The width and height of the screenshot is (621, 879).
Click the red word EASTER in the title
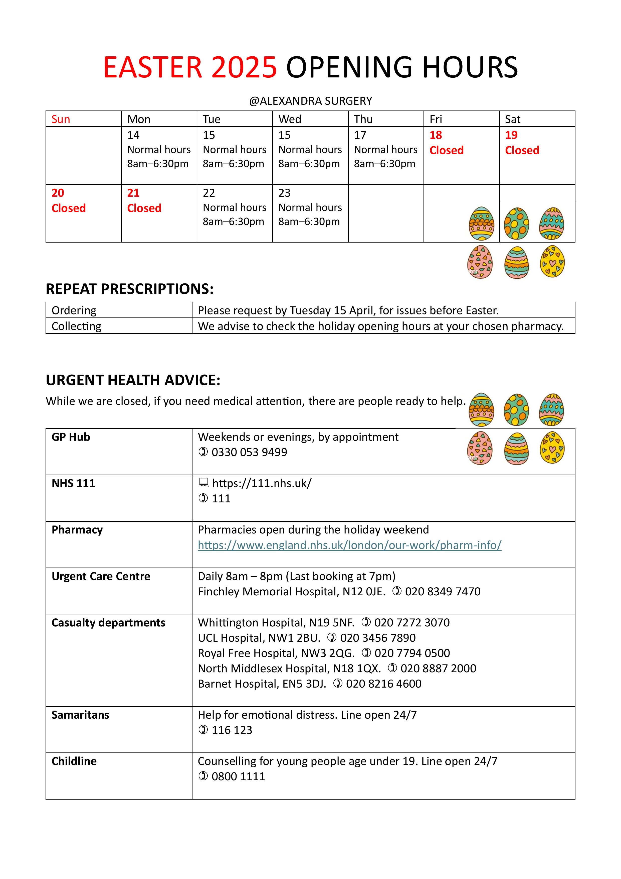(x=152, y=67)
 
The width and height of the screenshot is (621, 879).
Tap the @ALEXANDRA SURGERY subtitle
(x=310, y=101)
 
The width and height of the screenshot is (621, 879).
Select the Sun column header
(x=61, y=120)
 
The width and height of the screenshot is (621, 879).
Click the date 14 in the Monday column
(x=133, y=135)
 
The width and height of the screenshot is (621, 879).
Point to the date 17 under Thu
(x=360, y=135)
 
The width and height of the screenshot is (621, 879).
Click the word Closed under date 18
(x=446, y=150)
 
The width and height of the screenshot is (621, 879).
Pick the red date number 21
(x=133, y=193)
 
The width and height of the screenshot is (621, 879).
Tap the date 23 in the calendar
(x=284, y=193)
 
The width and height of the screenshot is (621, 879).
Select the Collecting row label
(x=77, y=326)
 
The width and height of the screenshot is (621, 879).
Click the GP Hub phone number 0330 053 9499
(x=249, y=452)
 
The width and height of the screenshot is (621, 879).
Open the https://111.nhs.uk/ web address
(x=262, y=483)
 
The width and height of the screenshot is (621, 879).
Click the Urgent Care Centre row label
(x=101, y=576)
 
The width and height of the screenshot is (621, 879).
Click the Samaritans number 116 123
(x=232, y=730)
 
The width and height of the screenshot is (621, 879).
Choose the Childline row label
(x=74, y=761)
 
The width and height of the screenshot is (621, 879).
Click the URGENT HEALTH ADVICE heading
(x=133, y=380)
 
